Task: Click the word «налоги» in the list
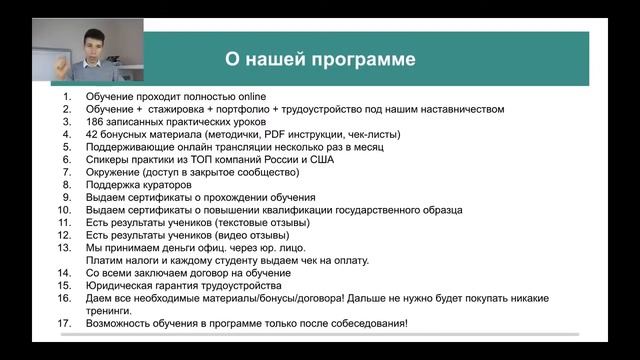pos(134,261)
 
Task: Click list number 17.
pos(64,324)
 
